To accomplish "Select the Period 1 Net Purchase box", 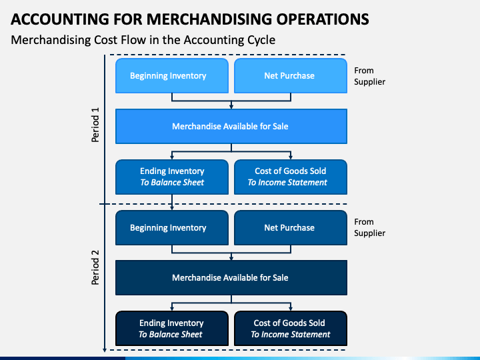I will pyautogui.click(x=289, y=75).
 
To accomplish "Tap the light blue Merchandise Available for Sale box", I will pyautogui.click(x=231, y=126).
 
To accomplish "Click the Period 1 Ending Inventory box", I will pyautogui.click(x=172, y=177).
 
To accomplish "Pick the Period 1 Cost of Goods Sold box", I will pyautogui.click(x=289, y=177).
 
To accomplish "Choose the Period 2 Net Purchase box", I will pyautogui.click(x=289, y=227).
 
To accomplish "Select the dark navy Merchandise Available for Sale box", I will pyautogui.click(x=231, y=277).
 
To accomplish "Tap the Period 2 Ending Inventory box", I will pyautogui.click(x=172, y=329).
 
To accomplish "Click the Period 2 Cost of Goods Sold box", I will pyautogui.click(x=289, y=329).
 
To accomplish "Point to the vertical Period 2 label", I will pyautogui.click(x=95, y=267).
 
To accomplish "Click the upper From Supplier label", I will pyautogui.click(x=369, y=76).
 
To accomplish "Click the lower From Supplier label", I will pyautogui.click(x=369, y=227).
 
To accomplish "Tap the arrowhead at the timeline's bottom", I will pyautogui.click(x=105, y=348).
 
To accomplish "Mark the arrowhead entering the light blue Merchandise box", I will pyautogui.click(x=231, y=106).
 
